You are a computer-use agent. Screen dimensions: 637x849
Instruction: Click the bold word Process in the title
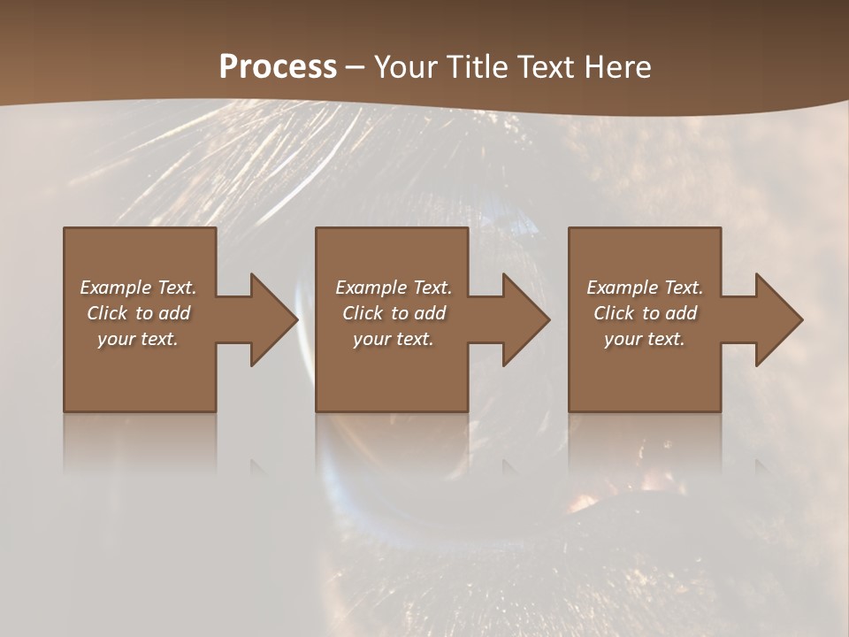pyautogui.click(x=278, y=67)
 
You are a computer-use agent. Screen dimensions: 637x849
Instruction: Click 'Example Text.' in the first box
pyautogui.click(x=138, y=288)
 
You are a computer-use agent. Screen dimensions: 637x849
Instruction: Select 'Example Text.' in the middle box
pyautogui.click(x=393, y=288)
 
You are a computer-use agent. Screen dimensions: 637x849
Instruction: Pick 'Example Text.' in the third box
pyautogui.click(x=645, y=288)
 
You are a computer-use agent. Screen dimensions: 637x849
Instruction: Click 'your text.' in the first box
pyautogui.click(x=138, y=339)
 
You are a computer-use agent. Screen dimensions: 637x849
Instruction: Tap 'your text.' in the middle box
pyautogui.click(x=393, y=339)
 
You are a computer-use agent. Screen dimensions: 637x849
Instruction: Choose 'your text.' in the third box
pyautogui.click(x=645, y=339)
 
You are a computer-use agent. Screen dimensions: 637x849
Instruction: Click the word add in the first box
pyautogui.click(x=175, y=313)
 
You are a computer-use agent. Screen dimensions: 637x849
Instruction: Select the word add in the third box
pyautogui.click(x=682, y=313)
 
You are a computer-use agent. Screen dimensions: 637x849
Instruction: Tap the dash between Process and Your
pyautogui.click(x=355, y=67)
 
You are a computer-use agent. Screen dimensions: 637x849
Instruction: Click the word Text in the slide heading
pyautogui.click(x=545, y=67)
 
